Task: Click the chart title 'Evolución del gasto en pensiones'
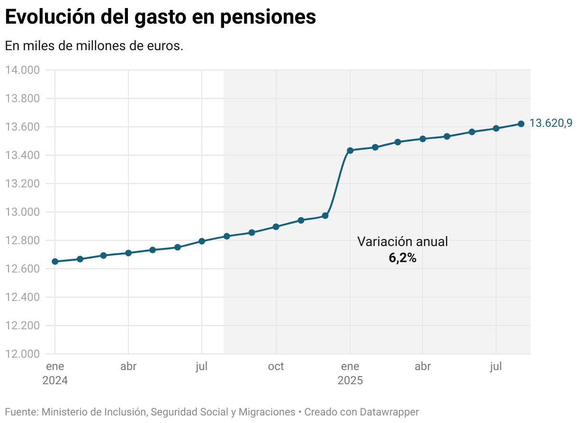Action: (160, 17)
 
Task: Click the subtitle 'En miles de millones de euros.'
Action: (94, 46)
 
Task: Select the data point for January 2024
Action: (55, 261)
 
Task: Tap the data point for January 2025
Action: (350, 150)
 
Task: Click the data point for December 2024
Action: (325, 216)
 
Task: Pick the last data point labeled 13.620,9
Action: (521, 124)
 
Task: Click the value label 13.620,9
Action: (551, 123)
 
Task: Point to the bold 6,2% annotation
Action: (402, 258)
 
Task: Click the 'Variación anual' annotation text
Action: (402, 242)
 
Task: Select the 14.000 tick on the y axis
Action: (22, 70)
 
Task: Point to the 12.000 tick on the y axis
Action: (22, 354)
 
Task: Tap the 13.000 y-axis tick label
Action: (22, 212)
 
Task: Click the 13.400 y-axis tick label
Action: (22, 155)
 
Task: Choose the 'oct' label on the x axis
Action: (276, 367)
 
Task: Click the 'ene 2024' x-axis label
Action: (55, 373)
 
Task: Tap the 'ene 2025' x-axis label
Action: (350, 373)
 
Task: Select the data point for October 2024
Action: (276, 227)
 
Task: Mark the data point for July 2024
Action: (202, 241)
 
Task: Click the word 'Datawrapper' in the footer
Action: (389, 412)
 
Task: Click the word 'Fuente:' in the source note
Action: (22, 412)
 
